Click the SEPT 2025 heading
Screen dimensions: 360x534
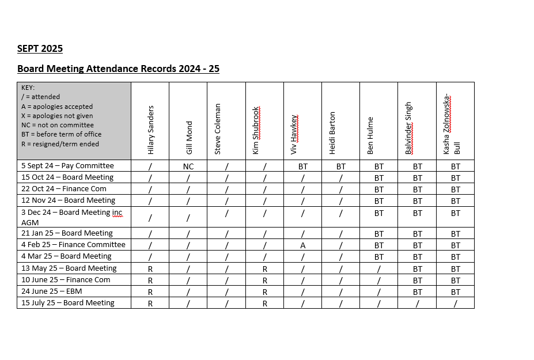(x=40, y=48)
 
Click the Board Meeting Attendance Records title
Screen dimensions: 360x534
(x=118, y=69)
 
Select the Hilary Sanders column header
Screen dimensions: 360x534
(x=151, y=130)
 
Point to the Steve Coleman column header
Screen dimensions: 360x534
(x=218, y=129)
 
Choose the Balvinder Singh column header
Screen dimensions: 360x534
(x=408, y=128)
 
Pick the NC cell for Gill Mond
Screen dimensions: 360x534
(x=188, y=166)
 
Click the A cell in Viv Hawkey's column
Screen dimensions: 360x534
(x=302, y=245)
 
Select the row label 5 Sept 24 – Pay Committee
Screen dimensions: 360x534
(x=67, y=166)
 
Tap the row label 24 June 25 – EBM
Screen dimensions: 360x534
(x=51, y=291)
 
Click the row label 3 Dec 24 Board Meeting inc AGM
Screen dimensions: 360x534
(x=71, y=217)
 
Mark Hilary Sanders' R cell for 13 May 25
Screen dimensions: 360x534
(x=150, y=268)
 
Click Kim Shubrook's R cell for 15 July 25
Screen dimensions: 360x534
(x=264, y=303)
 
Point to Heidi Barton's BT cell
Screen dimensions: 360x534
(x=340, y=166)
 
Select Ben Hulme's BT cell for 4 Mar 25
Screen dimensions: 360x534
(x=378, y=256)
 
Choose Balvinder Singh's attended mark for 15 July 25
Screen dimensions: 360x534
(x=416, y=303)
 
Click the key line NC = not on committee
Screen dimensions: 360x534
(x=57, y=125)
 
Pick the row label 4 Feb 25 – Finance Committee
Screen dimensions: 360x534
(x=73, y=245)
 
